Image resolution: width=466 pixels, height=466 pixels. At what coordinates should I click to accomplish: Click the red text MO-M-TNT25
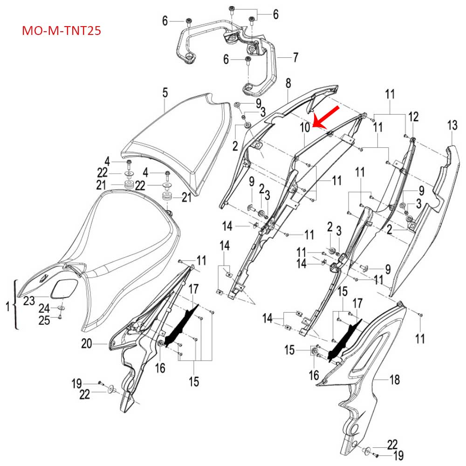point(62,31)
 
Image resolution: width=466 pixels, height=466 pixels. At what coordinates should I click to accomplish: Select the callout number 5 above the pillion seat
point(165,93)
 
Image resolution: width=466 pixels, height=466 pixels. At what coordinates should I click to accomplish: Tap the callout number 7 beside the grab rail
point(295,58)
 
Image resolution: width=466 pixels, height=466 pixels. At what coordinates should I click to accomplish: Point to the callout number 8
point(288,83)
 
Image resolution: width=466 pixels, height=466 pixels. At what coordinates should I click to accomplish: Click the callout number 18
point(395,380)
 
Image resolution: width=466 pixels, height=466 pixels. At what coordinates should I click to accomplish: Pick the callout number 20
point(86,344)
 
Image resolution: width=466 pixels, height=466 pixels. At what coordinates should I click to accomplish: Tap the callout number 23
point(29,301)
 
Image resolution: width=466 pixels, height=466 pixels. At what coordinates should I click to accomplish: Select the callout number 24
point(44,308)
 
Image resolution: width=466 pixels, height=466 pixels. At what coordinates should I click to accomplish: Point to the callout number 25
point(44,320)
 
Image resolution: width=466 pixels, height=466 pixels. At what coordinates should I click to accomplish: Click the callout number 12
point(414,116)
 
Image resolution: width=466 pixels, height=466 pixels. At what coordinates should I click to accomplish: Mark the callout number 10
point(305,127)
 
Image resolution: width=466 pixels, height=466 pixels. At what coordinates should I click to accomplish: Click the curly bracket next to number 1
point(17,305)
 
